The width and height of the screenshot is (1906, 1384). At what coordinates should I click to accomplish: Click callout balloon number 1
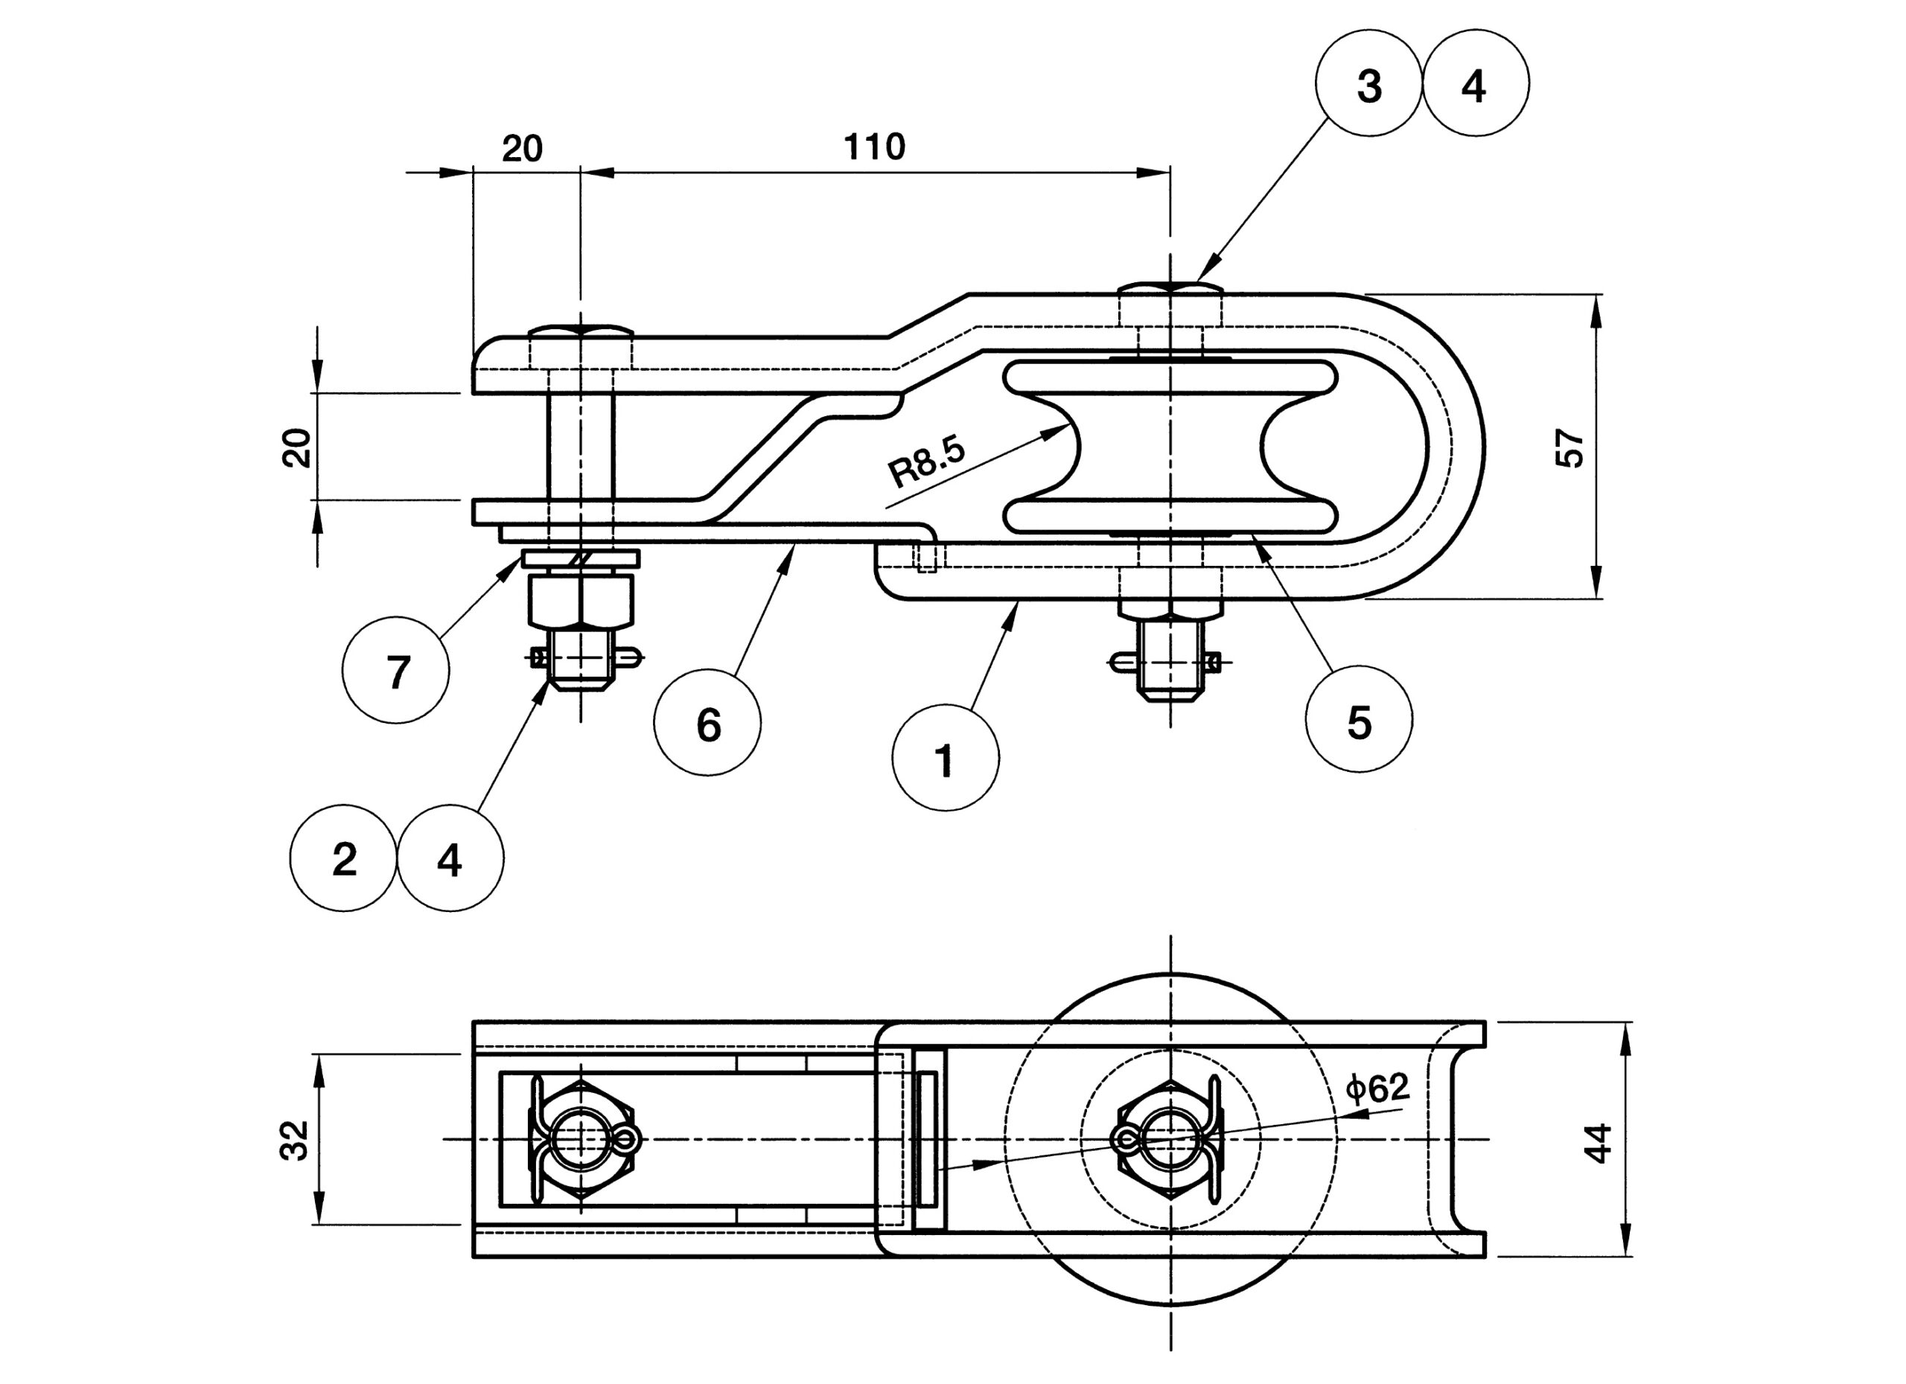946,758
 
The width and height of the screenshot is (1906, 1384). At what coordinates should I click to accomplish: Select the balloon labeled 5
1359,719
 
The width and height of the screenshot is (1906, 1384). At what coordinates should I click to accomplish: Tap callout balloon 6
707,722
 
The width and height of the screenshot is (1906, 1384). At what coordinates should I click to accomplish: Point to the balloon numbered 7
396,670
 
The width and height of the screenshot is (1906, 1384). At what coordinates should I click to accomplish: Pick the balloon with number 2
343,858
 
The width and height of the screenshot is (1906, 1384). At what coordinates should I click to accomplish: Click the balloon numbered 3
1369,83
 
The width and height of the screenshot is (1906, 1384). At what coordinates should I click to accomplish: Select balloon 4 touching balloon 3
1476,83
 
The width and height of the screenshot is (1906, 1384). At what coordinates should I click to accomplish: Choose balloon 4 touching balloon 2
450,858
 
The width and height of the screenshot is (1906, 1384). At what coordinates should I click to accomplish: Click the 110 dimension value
874,147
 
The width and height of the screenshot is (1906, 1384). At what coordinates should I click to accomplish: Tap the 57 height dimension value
1569,448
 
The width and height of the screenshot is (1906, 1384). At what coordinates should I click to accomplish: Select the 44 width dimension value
1598,1143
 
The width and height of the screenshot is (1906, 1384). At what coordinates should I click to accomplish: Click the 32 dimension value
294,1141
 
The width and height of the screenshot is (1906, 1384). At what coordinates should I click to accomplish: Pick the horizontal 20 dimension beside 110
522,149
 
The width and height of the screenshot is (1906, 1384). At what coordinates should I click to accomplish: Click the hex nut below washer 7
581,600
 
